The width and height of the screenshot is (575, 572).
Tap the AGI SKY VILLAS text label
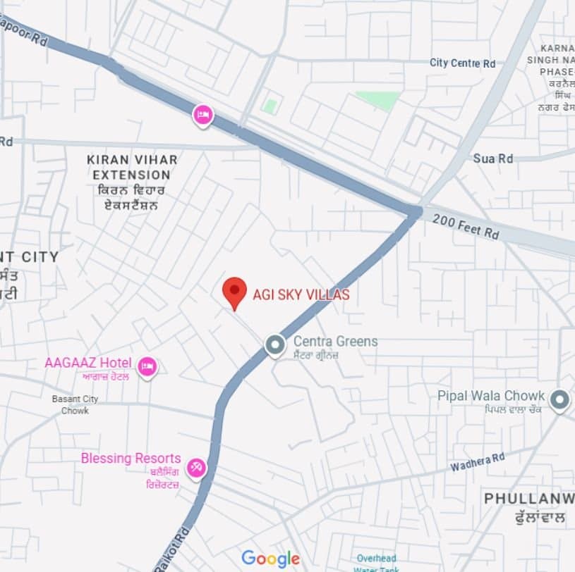pos(301,295)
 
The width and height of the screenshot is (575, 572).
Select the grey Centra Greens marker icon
pos(274,345)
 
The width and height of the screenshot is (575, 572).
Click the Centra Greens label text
pos(335,342)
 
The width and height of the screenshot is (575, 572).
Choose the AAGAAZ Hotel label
pos(88,363)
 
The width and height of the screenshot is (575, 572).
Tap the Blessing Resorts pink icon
pos(196,466)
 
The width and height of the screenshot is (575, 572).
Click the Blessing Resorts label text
pos(131,459)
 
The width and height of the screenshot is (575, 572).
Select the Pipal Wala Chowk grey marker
pos(559,400)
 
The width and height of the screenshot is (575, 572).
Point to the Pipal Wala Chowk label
pos(491,396)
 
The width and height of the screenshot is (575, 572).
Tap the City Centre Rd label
pos(463,63)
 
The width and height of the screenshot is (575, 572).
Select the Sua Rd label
pos(493,158)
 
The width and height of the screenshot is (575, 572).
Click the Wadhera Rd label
pos(478,462)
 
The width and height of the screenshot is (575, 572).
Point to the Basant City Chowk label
pos(75,404)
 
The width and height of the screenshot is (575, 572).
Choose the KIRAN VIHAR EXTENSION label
pos(132,167)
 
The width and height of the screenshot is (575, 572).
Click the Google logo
pos(270,559)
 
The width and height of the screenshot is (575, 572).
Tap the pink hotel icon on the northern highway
pos(202,113)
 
